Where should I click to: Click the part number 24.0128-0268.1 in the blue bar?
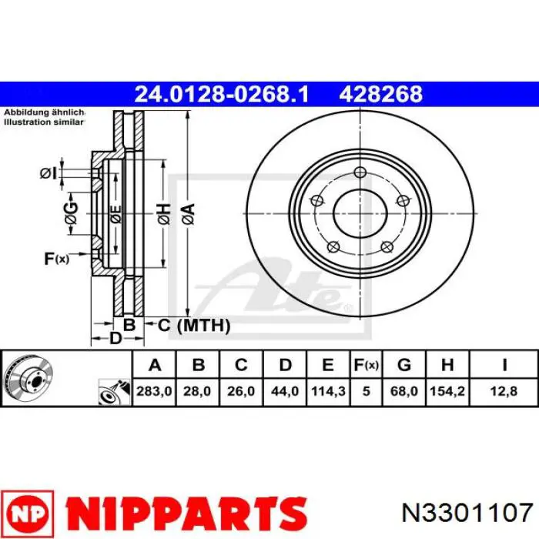(222, 94)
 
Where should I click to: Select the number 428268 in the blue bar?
(381, 94)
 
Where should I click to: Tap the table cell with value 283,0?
(154, 391)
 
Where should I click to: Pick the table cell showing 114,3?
(328, 391)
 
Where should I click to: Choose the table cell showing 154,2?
(447, 391)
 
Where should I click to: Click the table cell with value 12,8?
(504, 391)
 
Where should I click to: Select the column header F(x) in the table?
(366, 365)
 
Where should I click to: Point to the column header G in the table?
(404, 365)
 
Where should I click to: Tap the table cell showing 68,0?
(404, 391)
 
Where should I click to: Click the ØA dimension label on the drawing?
(189, 214)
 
